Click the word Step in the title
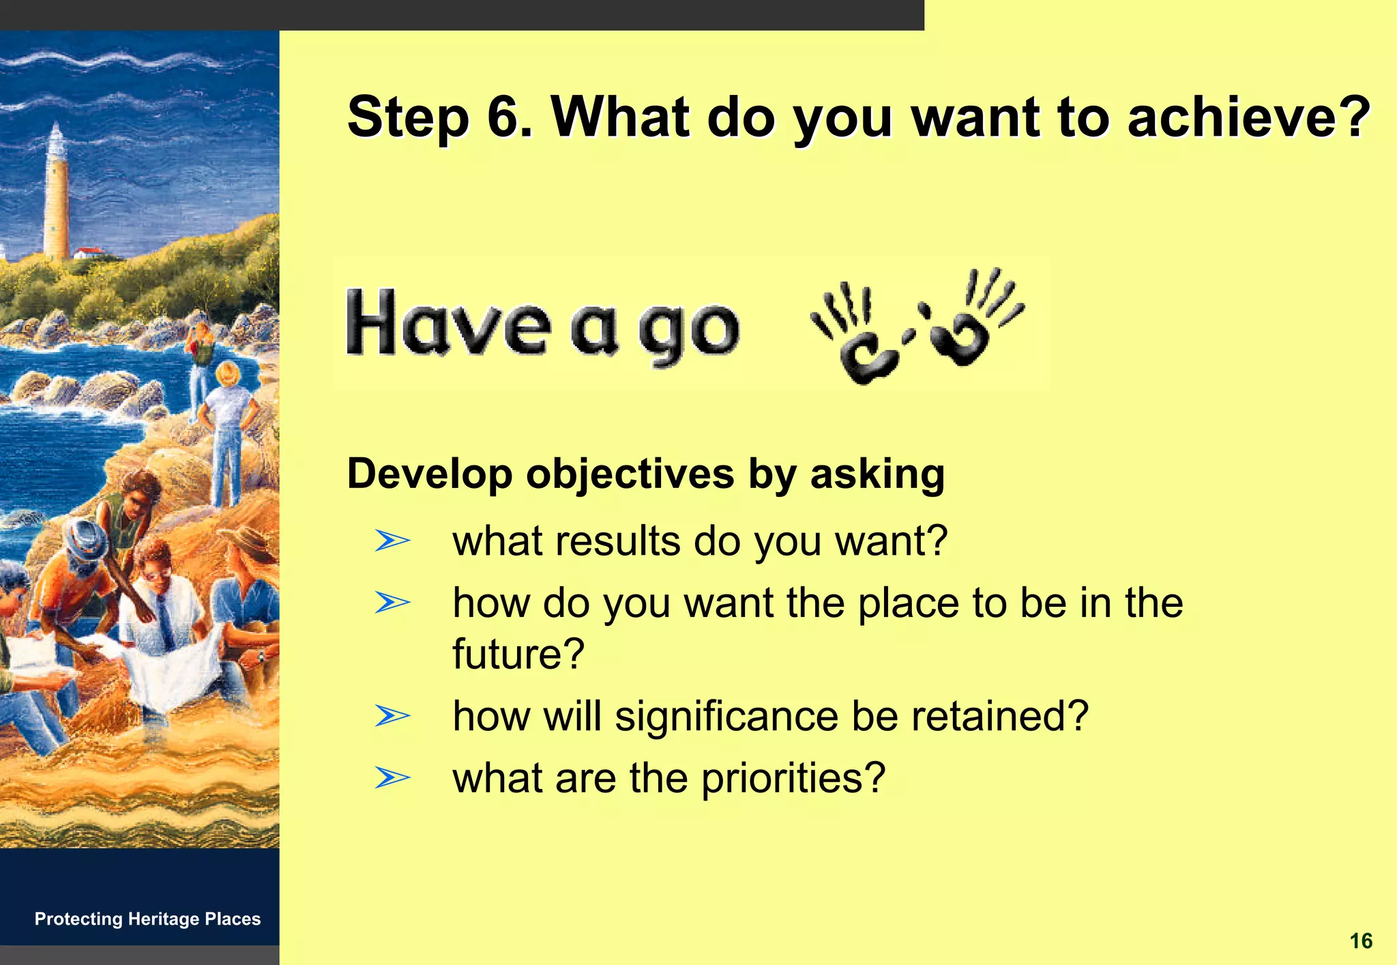click(408, 117)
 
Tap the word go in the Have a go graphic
click(689, 331)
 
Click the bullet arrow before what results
click(392, 541)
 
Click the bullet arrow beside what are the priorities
click(392, 777)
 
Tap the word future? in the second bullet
click(518, 653)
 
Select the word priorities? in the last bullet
click(793, 777)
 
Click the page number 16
click(1360, 941)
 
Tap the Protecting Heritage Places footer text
click(147, 919)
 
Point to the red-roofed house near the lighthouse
click(89, 253)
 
